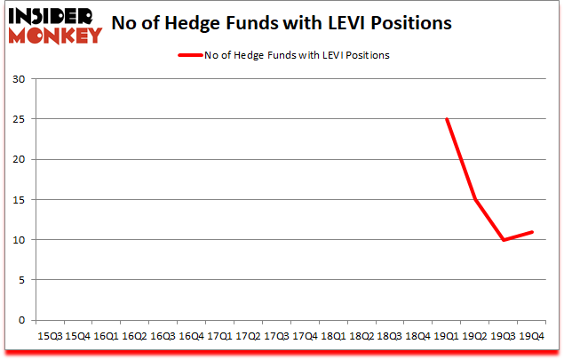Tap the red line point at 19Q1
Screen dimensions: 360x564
(447, 119)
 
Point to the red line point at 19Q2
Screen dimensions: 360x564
(475, 199)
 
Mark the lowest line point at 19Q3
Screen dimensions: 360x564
(504, 240)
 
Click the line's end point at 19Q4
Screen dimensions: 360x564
(532, 232)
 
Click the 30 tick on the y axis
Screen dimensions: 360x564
(20, 79)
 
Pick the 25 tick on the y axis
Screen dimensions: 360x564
(20, 119)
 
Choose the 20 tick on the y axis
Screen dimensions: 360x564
(20, 160)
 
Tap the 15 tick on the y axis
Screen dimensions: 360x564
(20, 200)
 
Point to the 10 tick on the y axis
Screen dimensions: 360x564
(20, 240)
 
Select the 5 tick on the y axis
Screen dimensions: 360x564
(22, 280)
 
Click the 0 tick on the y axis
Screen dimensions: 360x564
(22, 320)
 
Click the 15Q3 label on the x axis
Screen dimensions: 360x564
(49, 337)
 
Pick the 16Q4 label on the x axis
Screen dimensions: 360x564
(191, 337)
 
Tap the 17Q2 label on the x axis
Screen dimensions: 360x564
(248, 337)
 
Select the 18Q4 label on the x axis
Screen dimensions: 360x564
(418, 337)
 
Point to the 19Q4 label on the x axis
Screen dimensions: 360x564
(532, 337)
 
